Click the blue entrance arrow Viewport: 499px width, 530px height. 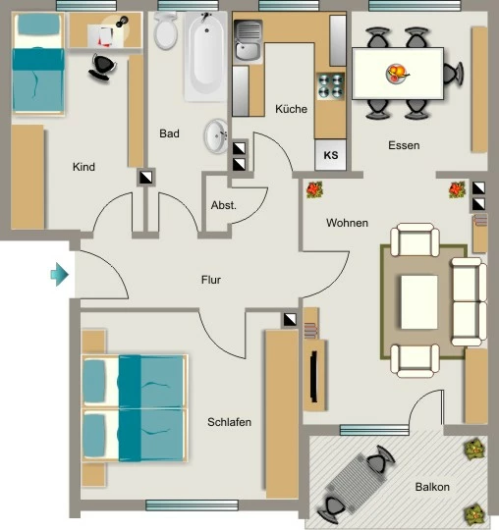[60, 274]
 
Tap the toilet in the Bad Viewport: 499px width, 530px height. [165, 30]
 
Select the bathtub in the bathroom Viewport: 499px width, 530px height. [205, 56]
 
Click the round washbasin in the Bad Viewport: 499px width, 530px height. [216, 135]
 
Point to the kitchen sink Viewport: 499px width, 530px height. [248, 41]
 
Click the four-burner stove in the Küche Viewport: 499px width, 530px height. [330, 85]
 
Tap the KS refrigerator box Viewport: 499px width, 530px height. [330, 155]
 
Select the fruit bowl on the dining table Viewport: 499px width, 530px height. [397, 74]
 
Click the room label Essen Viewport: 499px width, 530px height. [404, 145]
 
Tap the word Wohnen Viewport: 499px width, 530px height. [347, 223]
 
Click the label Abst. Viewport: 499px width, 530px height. [224, 205]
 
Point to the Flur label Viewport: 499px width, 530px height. [211, 280]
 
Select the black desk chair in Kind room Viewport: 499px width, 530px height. [102, 67]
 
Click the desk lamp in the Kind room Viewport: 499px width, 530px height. [122, 22]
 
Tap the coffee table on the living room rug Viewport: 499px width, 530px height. [419, 302]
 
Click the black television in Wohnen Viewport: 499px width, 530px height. [314, 377]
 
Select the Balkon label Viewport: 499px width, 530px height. [432, 487]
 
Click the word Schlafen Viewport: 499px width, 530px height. [229, 422]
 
